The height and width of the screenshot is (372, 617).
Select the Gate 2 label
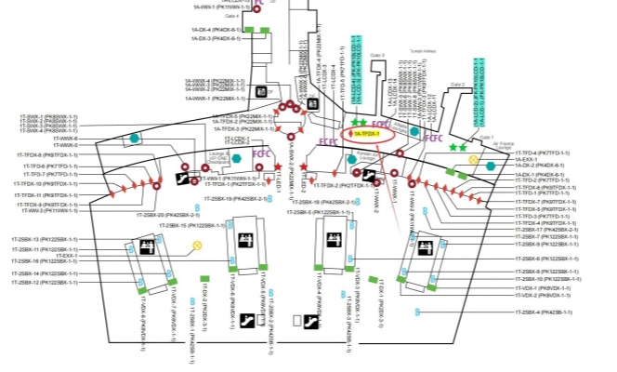456,84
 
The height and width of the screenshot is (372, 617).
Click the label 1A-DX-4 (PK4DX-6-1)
216,30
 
